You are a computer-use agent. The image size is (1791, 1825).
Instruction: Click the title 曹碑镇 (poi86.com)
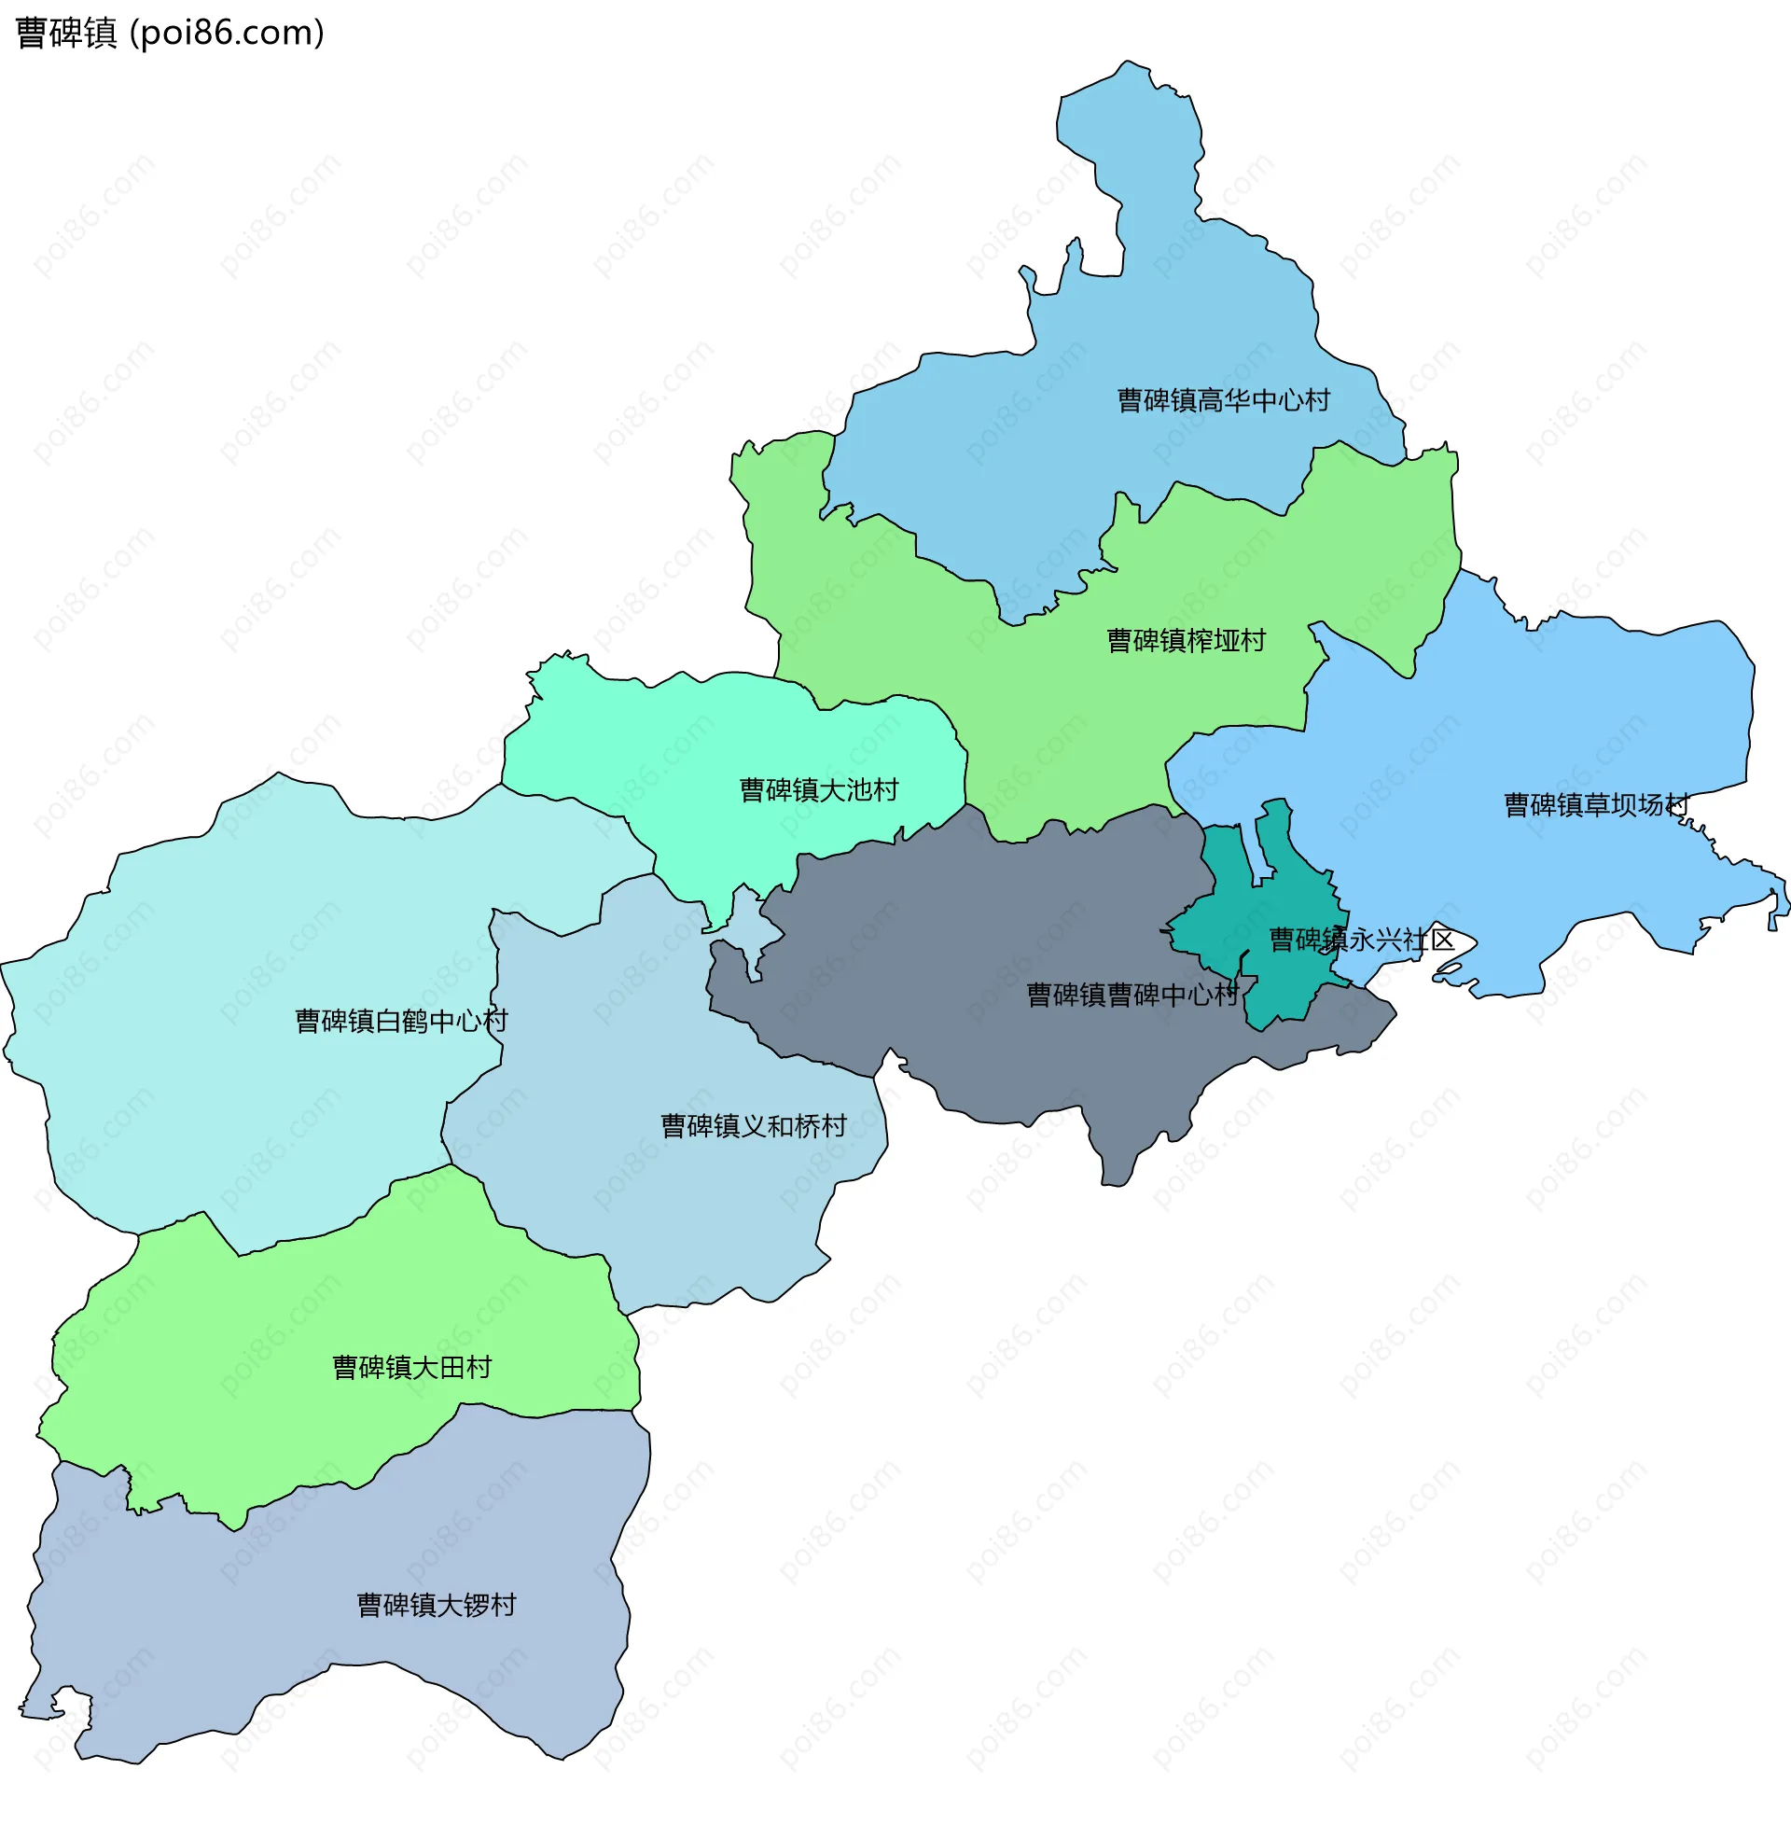(x=170, y=33)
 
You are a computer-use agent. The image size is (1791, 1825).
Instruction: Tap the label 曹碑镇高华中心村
(x=1223, y=401)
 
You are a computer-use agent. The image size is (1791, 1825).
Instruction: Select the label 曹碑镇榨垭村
(x=1186, y=641)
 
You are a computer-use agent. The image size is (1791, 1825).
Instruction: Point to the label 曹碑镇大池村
(x=818, y=790)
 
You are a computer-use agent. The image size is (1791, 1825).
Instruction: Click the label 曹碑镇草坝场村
(x=1596, y=805)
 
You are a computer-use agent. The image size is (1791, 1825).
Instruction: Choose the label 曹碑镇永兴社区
(x=1361, y=940)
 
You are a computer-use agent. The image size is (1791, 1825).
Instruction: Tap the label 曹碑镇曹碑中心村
(x=1132, y=996)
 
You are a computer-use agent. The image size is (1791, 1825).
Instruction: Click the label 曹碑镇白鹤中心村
(x=402, y=1021)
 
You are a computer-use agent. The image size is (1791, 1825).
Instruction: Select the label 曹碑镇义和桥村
(x=753, y=1126)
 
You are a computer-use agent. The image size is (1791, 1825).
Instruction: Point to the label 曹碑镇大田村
(x=412, y=1368)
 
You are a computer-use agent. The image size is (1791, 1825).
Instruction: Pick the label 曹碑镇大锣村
(x=437, y=1605)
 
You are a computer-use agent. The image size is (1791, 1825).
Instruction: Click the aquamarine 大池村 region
(x=659, y=753)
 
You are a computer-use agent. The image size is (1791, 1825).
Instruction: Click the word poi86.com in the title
(x=226, y=33)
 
